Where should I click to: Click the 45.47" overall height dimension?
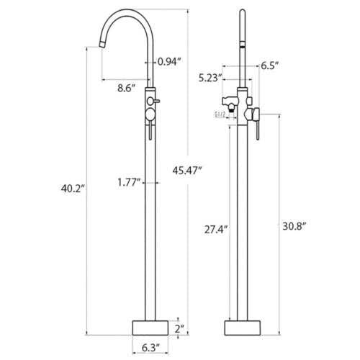pyautogui.click(x=188, y=171)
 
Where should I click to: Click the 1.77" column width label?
pyautogui.click(x=128, y=182)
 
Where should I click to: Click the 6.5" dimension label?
pyautogui.click(x=270, y=66)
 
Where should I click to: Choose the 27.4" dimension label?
pyautogui.click(x=216, y=230)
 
